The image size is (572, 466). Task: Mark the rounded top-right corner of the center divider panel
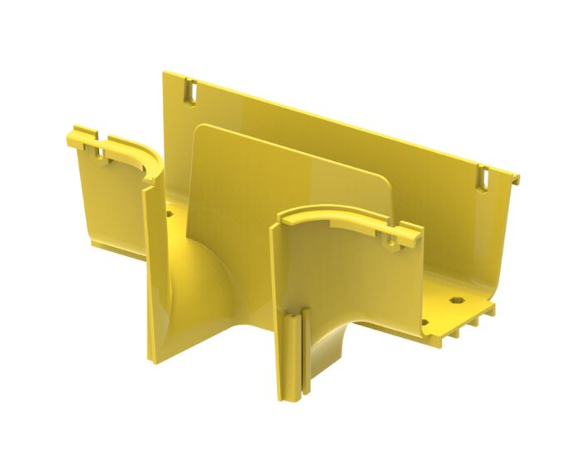coord(383,179)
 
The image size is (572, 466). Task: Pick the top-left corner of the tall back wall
coord(164,74)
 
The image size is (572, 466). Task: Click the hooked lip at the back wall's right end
coord(515,177)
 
